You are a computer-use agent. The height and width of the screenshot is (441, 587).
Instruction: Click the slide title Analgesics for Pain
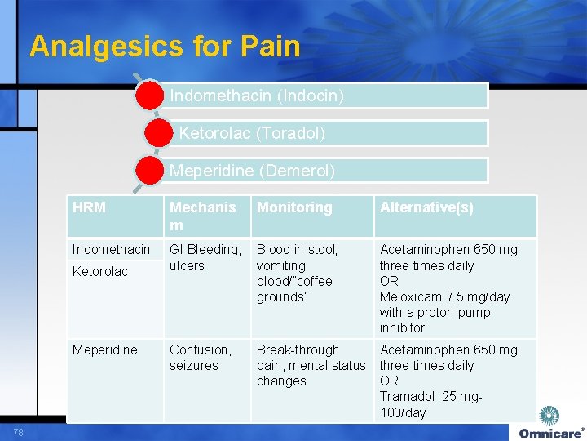(165, 46)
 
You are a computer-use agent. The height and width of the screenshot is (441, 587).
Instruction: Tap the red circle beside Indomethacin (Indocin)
(150, 96)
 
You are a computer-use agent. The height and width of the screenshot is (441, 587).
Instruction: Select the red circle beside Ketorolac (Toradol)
(159, 133)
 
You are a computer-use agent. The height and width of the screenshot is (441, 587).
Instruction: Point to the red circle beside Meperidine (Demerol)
(150, 171)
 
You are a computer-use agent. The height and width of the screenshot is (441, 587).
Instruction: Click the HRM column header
(89, 207)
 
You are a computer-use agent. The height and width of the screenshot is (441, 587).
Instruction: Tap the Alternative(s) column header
(426, 207)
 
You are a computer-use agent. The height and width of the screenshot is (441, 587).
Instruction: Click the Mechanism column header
(202, 216)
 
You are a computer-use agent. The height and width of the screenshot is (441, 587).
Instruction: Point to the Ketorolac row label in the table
(99, 271)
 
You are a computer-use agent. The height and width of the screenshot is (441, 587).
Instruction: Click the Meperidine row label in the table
(104, 350)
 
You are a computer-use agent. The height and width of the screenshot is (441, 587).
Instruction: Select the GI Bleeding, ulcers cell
(205, 257)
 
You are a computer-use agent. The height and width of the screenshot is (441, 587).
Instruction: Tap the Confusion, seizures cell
(200, 358)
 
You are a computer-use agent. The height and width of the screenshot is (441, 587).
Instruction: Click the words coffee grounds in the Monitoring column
(294, 289)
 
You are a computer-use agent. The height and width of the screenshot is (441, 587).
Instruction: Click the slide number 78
(18, 431)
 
